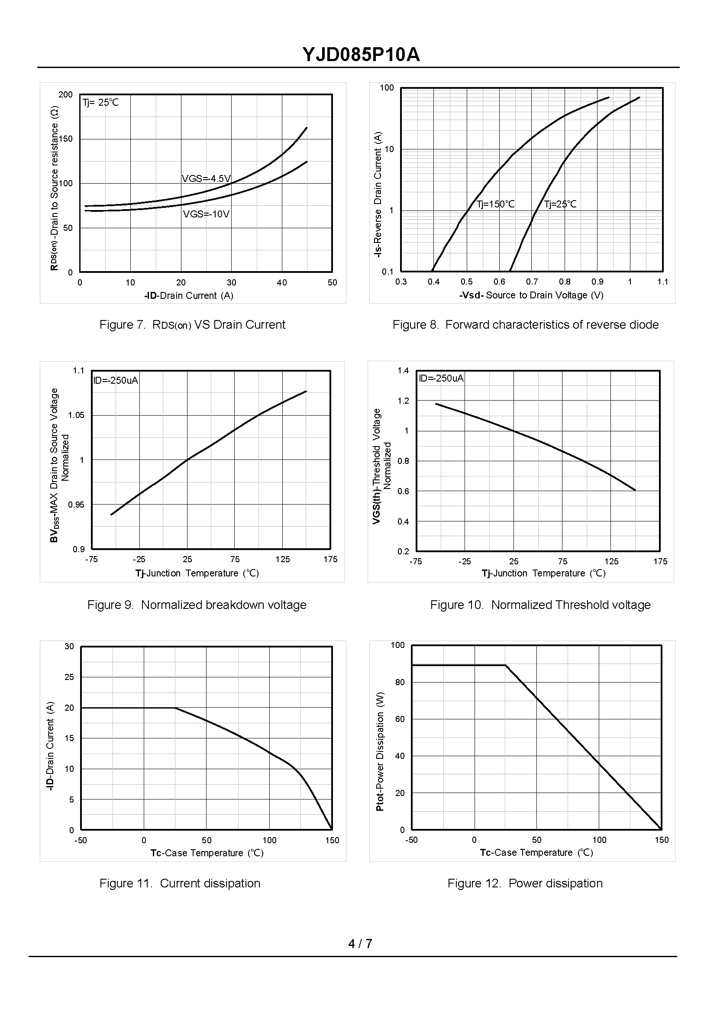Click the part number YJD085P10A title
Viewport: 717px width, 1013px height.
[361, 55]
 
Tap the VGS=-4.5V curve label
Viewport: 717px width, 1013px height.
[206, 178]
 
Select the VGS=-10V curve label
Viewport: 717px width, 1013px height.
[206, 214]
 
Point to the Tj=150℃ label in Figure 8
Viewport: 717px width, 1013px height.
[495, 204]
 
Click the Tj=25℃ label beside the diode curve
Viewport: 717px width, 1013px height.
[560, 204]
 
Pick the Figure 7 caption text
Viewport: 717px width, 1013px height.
[192, 324]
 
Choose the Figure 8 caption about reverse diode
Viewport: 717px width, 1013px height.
[525, 324]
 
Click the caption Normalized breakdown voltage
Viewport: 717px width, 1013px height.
[197, 605]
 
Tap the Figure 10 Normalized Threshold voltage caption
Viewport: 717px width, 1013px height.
[540, 605]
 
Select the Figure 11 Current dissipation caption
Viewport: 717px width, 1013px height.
[180, 883]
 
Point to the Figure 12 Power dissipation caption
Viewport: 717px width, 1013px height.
[525, 883]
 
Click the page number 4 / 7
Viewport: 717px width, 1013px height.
[360, 944]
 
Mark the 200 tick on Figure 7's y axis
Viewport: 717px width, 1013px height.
[65, 94]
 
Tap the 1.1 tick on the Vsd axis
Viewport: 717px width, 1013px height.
[662, 282]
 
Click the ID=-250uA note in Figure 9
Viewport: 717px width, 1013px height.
[116, 380]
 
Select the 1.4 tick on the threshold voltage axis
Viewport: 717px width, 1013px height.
[403, 370]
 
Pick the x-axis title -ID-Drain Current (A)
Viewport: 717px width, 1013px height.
[188, 295]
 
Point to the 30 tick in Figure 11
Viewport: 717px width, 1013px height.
[69, 647]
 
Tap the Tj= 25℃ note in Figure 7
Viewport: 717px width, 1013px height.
[100, 103]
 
